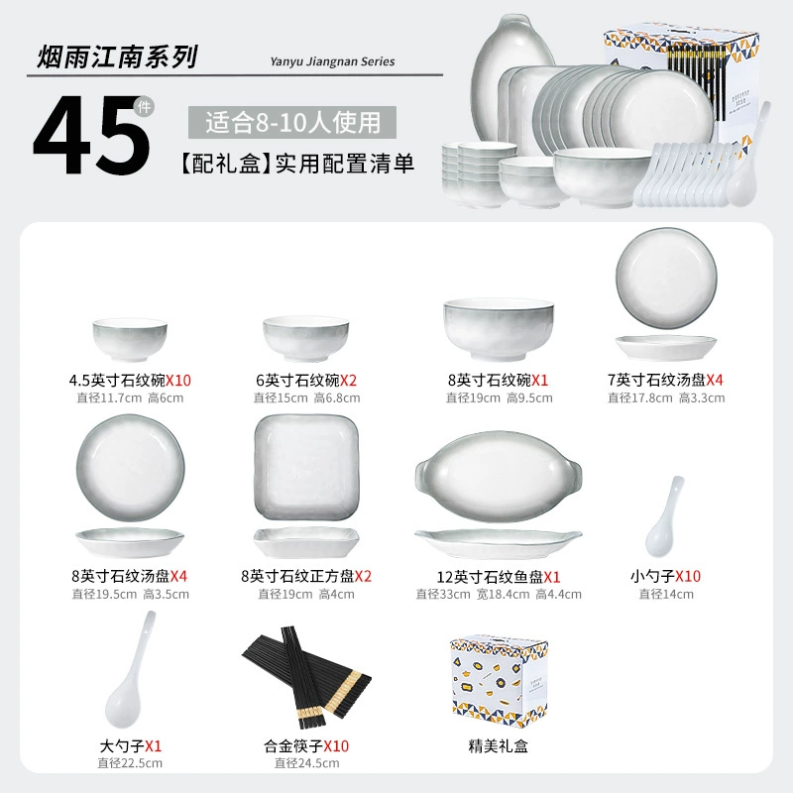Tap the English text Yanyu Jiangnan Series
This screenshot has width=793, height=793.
click(332, 61)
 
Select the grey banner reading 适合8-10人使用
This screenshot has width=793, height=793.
click(292, 122)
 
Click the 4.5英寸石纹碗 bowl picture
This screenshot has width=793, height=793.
click(130, 340)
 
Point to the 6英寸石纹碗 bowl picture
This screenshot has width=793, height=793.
click(305, 338)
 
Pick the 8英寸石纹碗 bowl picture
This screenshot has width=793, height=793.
click(499, 329)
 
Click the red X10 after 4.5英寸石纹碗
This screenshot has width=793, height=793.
click(178, 381)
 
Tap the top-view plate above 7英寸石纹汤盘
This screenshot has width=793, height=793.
click(666, 279)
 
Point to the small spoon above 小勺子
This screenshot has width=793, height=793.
click(664, 516)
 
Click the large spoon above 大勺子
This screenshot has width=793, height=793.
click(130, 668)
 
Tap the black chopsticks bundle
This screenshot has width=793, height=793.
click(306, 678)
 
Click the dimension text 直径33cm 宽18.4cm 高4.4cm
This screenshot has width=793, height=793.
click(499, 594)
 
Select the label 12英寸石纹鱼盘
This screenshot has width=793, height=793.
click(490, 577)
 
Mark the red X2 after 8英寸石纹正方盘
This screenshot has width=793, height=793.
click(363, 576)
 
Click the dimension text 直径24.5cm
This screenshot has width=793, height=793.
click(307, 763)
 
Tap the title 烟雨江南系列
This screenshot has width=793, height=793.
click(117, 57)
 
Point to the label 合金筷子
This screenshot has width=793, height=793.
click(293, 746)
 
